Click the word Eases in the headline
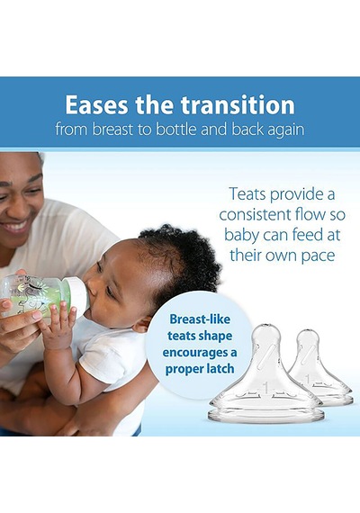(96, 104)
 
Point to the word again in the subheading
(285, 130)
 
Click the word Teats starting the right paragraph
(247, 194)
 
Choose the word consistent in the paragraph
(255, 214)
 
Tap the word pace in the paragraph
(318, 256)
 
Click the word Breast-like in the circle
(200, 319)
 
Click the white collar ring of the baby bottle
(77, 293)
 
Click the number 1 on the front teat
(265, 388)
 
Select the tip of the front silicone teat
(267, 325)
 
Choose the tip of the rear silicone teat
(309, 330)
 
